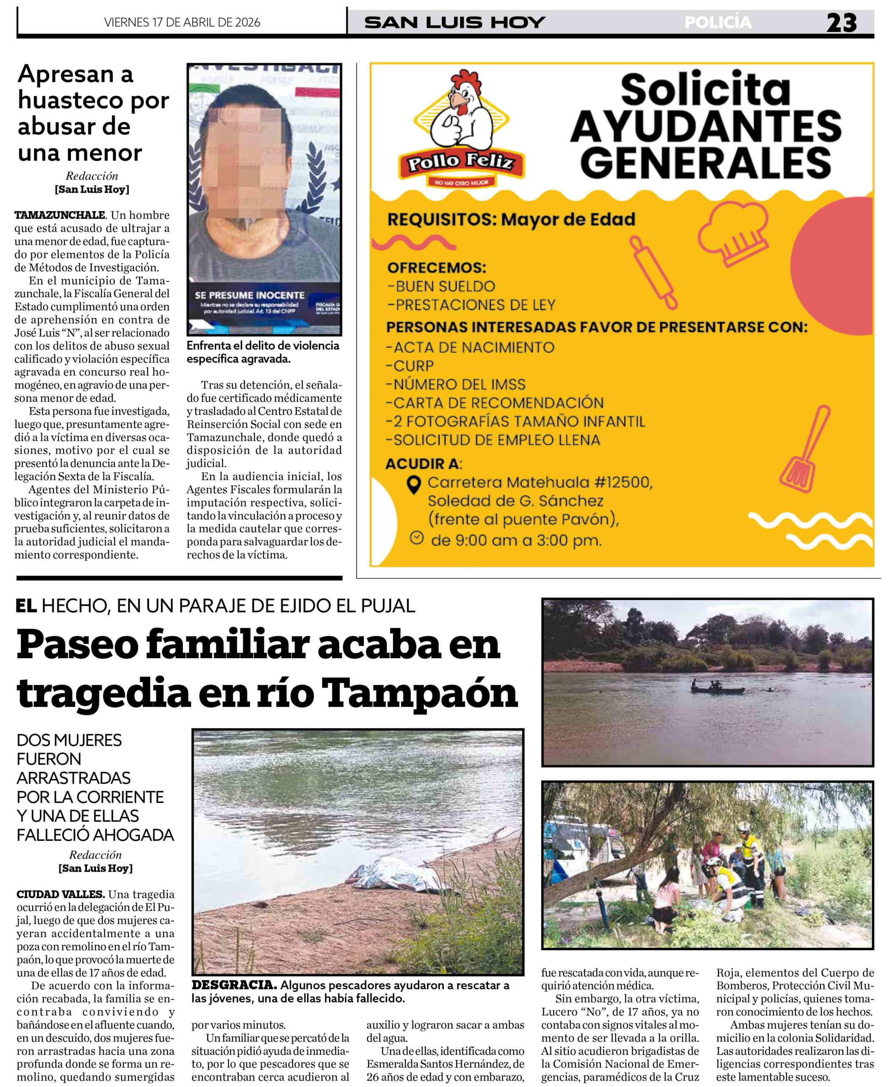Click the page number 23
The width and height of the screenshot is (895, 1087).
point(842,23)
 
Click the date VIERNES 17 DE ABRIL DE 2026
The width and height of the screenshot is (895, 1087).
point(182,23)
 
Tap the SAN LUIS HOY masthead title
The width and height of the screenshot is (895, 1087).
point(454,23)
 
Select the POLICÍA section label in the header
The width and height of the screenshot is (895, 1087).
point(718,23)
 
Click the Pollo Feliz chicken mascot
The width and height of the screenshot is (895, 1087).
point(460,111)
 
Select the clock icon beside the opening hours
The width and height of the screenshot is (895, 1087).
point(417,538)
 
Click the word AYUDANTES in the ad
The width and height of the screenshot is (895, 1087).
point(705,127)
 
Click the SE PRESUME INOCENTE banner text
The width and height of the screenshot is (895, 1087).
point(250,296)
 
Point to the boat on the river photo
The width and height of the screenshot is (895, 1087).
point(717,688)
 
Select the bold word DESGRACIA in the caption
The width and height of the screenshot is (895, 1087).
point(234,986)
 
